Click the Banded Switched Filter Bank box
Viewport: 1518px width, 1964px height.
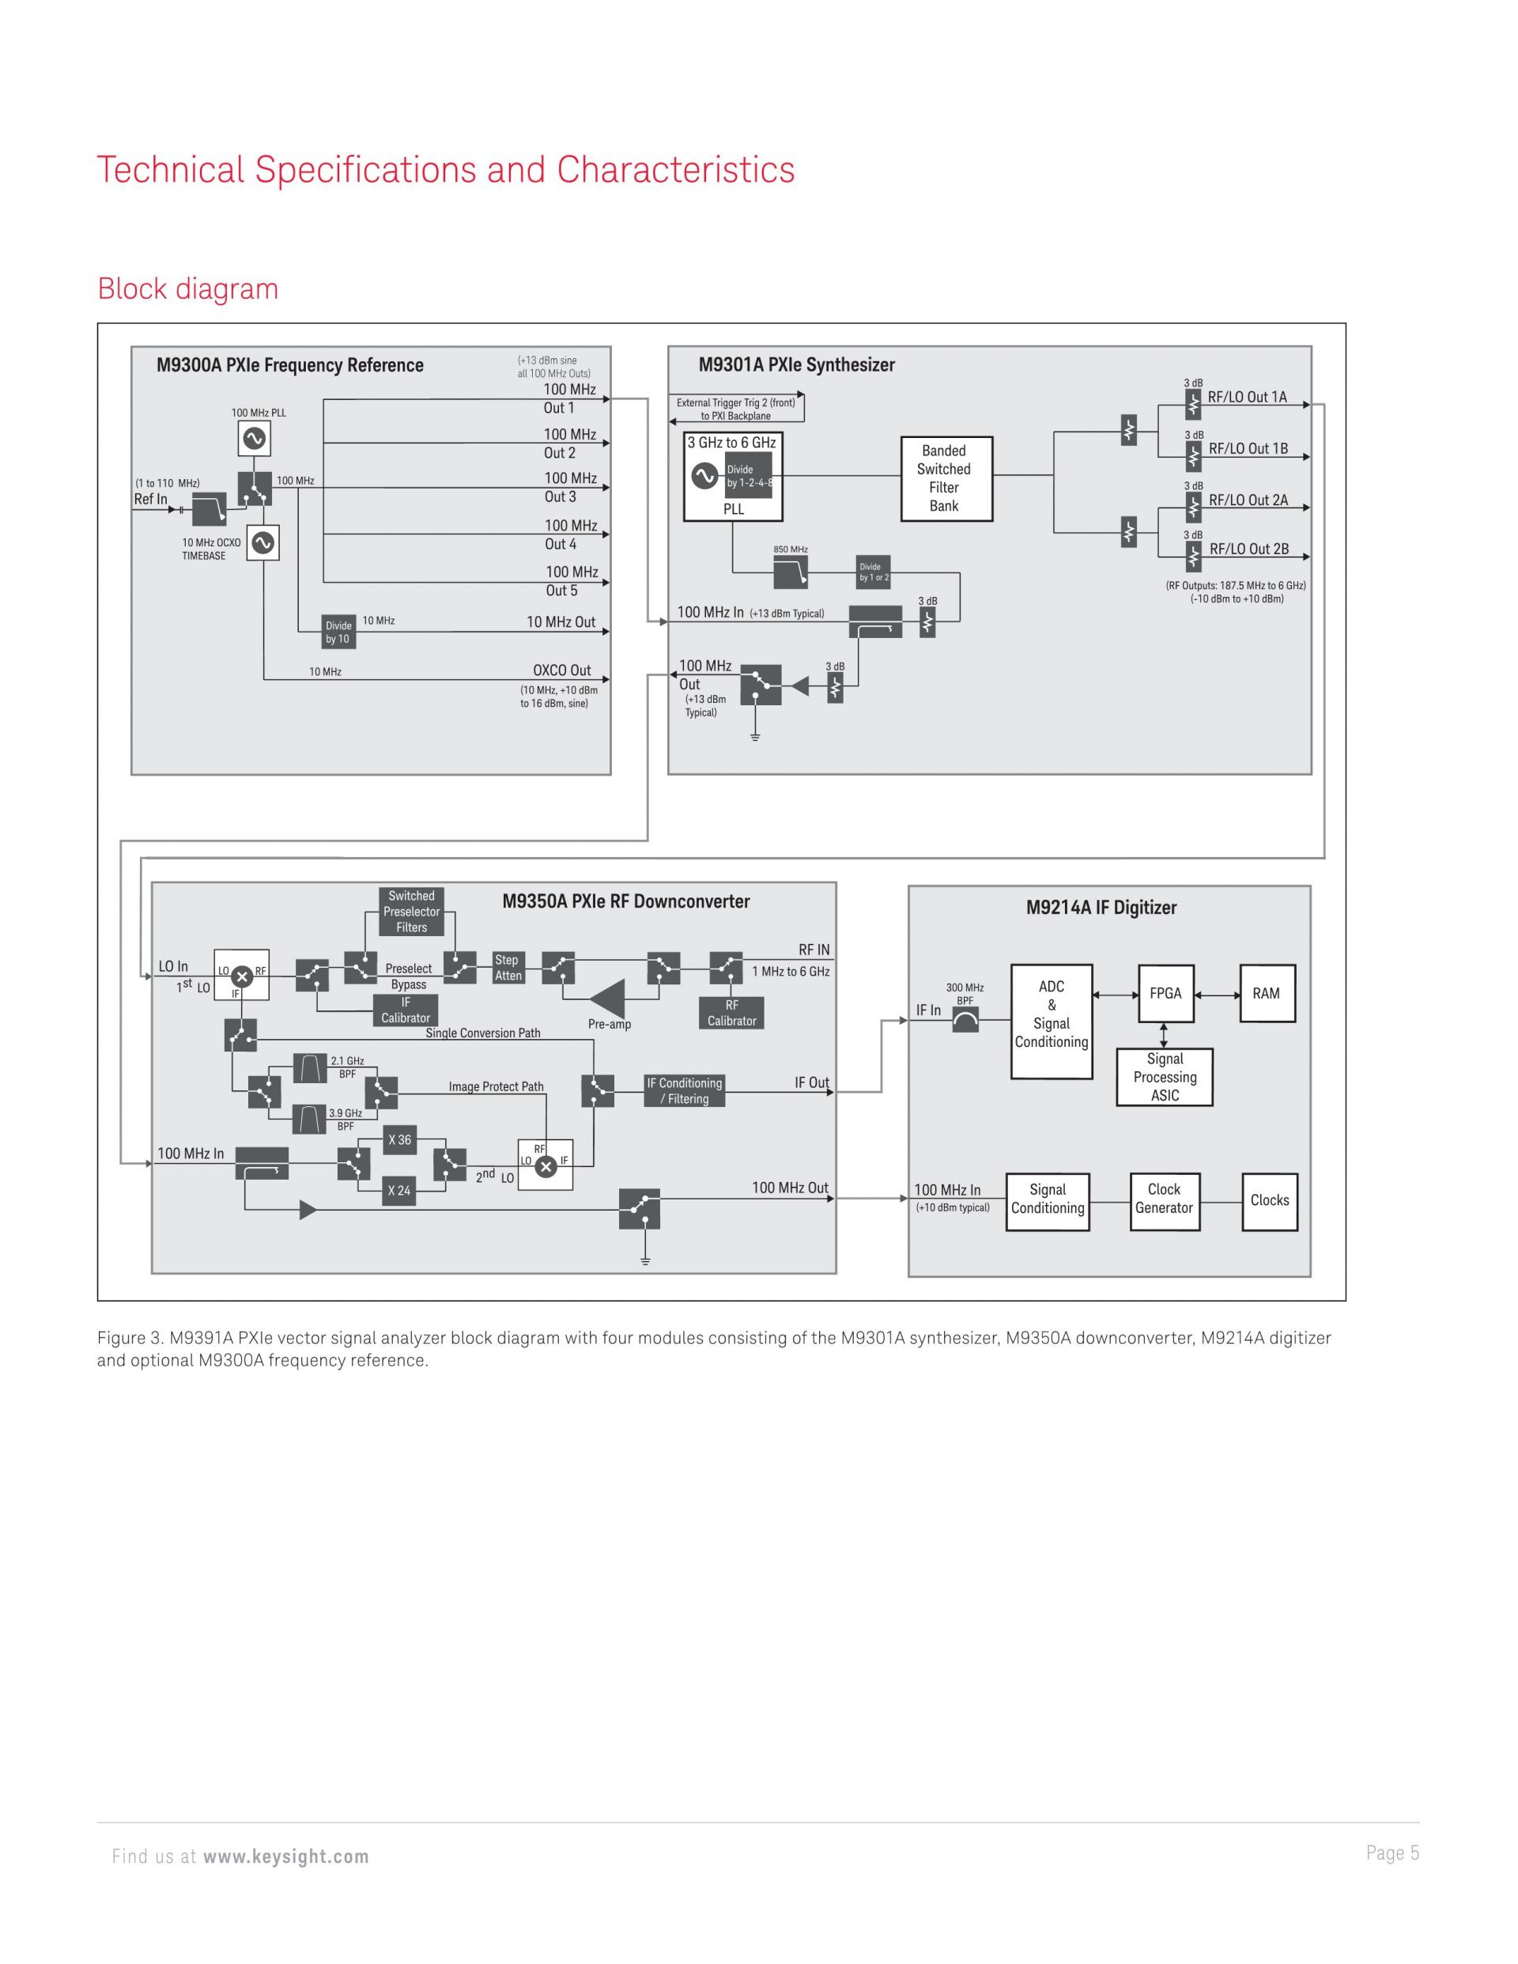pyautogui.click(x=946, y=478)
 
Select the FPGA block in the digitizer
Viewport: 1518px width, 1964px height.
pyautogui.click(x=1165, y=993)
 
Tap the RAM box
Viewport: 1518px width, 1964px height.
pyautogui.click(x=1267, y=993)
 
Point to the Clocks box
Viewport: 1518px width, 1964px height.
pyautogui.click(x=1270, y=1202)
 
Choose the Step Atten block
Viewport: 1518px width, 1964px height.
pyautogui.click(x=508, y=968)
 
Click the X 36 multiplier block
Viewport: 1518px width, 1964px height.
pyautogui.click(x=399, y=1140)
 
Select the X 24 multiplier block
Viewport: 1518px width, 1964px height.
pyautogui.click(x=399, y=1191)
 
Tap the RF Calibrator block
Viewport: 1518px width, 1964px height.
pyautogui.click(x=732, y=1013)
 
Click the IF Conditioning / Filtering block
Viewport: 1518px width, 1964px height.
pyautogui.click(x=685, y=1091)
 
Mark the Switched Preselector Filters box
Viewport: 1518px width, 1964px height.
pyautogui.click(x=412, y=912)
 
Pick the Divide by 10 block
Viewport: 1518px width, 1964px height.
pyautogui.click(x=338, y=633)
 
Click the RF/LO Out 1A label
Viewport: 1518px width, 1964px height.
pyautogui.click(x=1248, y=398)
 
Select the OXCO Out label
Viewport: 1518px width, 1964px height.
pyautogui.click(x=562, y=670)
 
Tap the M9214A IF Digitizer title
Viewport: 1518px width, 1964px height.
pyautogui.click(x=1101, y=908)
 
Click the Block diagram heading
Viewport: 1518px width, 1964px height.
pyautogui.click(x=188, y=289)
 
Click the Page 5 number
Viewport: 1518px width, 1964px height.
pyautogui.click(x=1393, y=1853)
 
